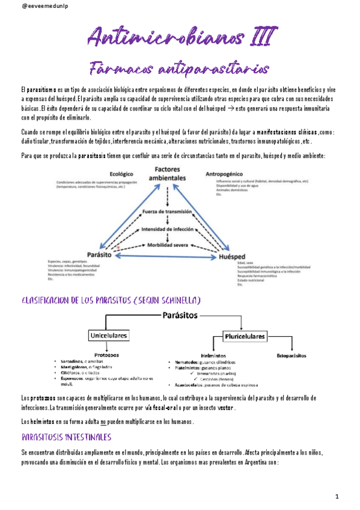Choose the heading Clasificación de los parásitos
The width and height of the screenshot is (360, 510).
(111, 300)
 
